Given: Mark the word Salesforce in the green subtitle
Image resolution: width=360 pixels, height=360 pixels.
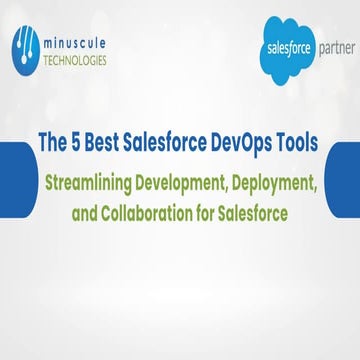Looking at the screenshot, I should pyautogui.click(x=252, y=213).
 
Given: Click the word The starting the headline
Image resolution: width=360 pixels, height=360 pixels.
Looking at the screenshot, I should pyautogui.click(x=53, y=143).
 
